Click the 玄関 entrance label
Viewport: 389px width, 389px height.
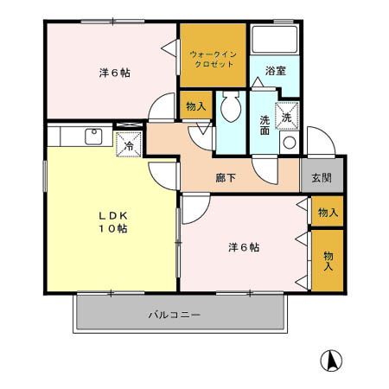(321, 179)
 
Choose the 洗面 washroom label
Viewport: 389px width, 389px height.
(264, 126)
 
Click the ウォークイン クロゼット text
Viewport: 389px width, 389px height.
(212, 59)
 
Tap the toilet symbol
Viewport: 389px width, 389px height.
(230, 108)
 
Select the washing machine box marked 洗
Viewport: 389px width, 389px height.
(286, 113)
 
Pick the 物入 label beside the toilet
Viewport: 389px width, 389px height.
(195, 106)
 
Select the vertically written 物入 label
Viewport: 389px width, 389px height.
(328, 261)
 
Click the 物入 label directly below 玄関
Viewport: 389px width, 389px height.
(328, 213)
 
